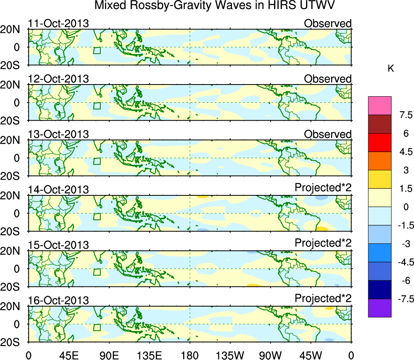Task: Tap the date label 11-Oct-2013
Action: tap(58, 23)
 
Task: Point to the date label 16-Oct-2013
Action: tap(58, 301)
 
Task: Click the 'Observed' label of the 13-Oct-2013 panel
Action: tap(327, 134)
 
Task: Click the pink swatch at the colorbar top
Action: tap(380, 106)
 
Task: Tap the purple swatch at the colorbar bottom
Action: tap(380, 308)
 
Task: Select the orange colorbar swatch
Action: tap(380, 161)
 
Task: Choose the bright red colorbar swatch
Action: tap(380, 142)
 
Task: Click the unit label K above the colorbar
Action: tap(391, 69)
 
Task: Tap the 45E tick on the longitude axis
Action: tap(68, 355)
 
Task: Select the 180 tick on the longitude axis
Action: tap(190, 355)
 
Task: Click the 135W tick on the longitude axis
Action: tap(230, 355)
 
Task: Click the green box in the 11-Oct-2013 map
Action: tap(97, 50)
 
